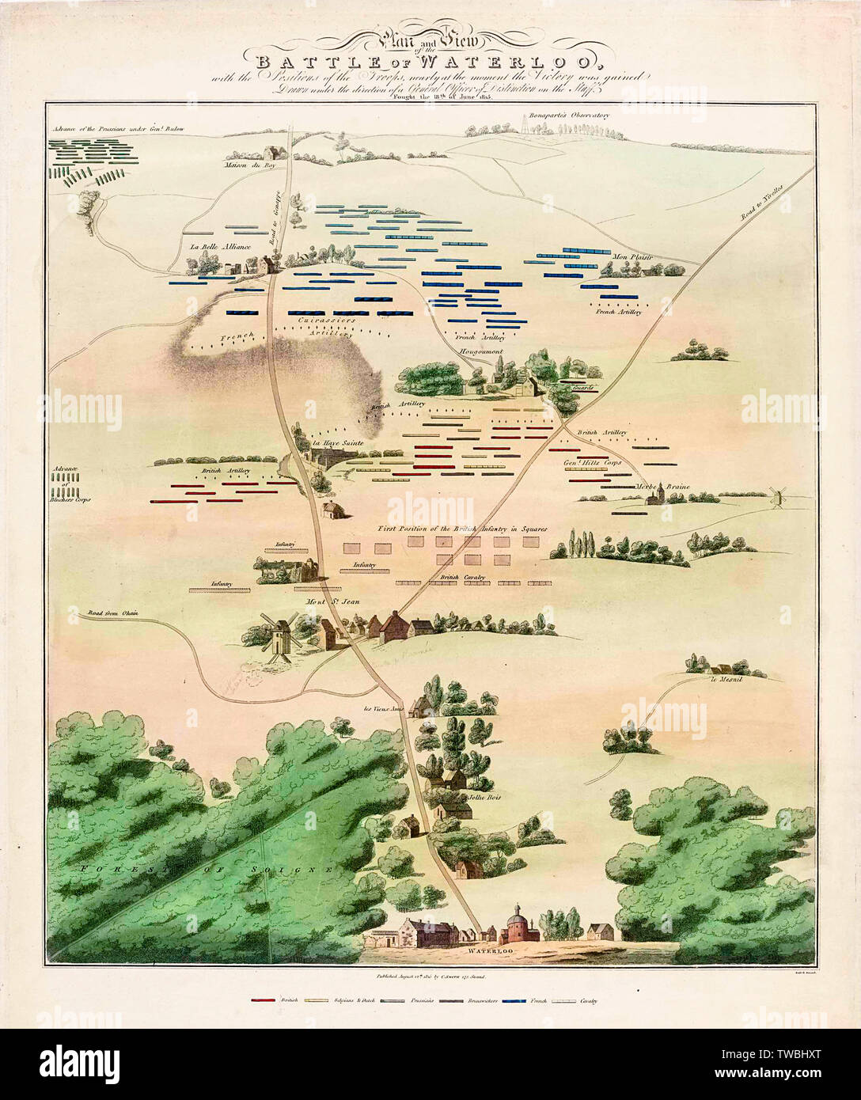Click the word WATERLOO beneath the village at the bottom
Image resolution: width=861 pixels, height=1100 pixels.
coord(486,948)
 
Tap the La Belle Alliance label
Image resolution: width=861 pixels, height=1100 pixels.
coord(220,247)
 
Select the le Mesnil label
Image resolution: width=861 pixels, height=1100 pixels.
coord(724,679)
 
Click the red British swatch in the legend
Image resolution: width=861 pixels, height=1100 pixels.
coord(264,1001)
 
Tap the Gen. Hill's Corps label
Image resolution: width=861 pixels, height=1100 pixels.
coord(592,461)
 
